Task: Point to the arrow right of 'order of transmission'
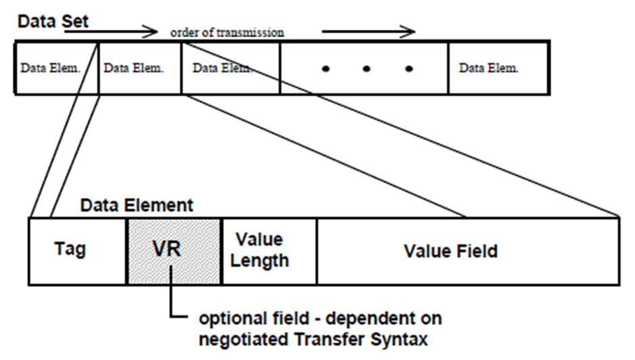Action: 369,31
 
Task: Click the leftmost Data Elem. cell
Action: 56,68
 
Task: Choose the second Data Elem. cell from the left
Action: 139,68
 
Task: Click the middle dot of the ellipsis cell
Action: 366,69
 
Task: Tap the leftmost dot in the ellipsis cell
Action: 326,69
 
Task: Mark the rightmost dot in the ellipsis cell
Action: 408,69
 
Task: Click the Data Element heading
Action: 137,204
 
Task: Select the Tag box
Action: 70,250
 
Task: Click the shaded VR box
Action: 173,250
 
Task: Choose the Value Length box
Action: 268,250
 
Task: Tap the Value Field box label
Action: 450,251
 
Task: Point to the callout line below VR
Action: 174,298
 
